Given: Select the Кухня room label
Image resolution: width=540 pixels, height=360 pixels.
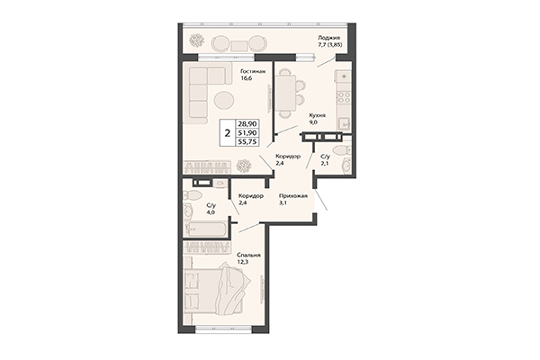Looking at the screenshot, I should point(316,116).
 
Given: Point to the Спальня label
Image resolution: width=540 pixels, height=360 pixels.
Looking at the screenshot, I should point(248,255).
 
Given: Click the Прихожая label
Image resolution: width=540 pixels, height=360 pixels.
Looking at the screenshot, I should point(294,196).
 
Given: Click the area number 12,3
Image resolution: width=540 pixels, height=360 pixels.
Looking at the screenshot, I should point(246,262).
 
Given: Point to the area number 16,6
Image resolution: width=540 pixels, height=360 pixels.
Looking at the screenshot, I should point(245,78).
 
